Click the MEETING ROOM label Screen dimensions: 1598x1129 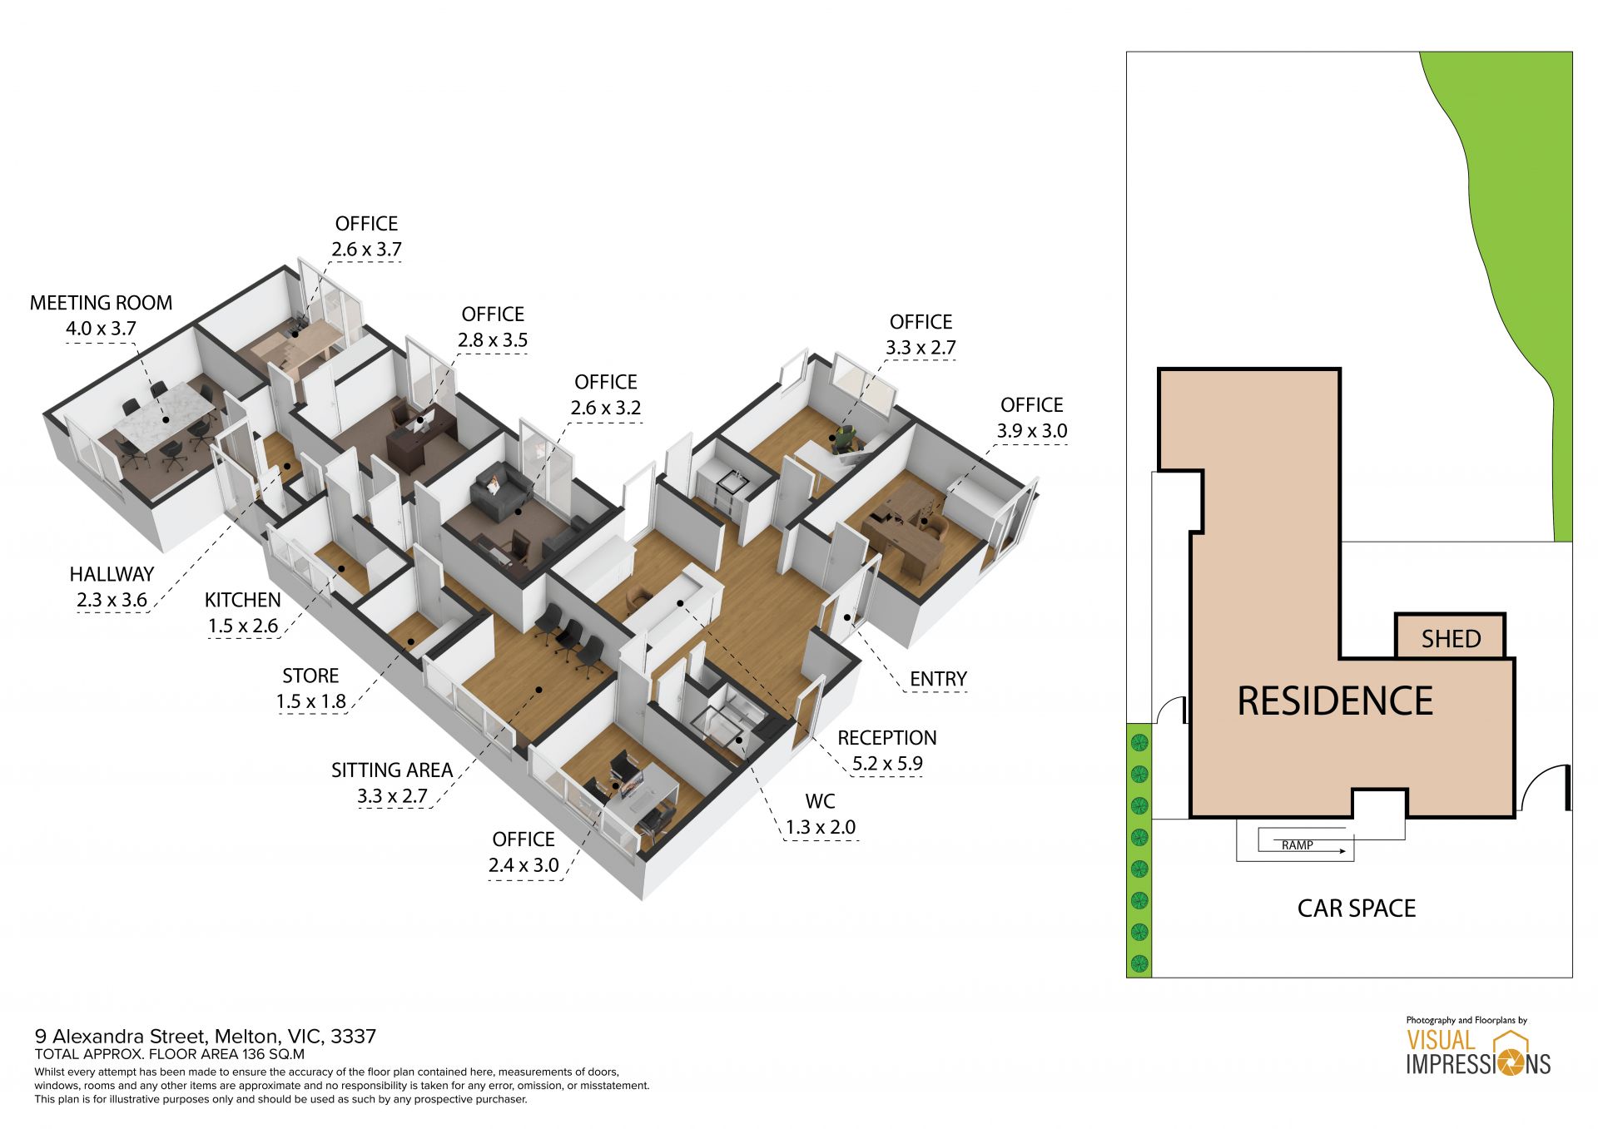[x=102, y=303]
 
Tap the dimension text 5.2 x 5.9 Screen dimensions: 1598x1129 [x=887, y=763]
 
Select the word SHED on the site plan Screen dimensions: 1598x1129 [x=1451, y=639]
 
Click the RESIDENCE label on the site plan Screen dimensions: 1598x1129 [x=1335, y=701]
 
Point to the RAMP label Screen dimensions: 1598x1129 [x=1298, y=845]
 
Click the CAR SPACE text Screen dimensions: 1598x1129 [x=1357, y=909]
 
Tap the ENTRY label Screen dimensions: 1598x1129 [x=938, y=679]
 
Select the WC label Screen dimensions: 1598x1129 [x=820, y=801]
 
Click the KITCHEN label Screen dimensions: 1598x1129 [x=243, y=600]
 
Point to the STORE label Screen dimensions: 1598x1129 [x=310, y=676]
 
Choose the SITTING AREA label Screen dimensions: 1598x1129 [x=392, y=770]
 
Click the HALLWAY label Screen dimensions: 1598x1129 [x=112, y=574]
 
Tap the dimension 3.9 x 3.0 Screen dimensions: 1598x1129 [x=1032, y=431]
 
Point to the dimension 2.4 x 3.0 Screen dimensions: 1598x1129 [x=524, y=865]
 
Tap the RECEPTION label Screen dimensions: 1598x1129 [x=887, y=738]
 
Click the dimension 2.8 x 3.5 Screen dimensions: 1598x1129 [x=493, y=340]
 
